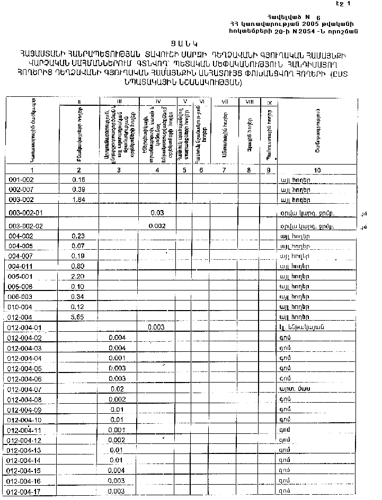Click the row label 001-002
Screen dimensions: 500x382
coord(21,180)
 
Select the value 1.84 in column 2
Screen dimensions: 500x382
coord(78,199)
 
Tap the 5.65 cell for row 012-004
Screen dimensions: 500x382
coord(78,317)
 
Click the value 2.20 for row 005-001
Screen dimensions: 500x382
coord(78,276)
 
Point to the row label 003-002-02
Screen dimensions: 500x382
coord(26,226)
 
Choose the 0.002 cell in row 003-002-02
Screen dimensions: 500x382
coord(157,226)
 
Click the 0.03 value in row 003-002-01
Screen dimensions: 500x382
coord(157,213)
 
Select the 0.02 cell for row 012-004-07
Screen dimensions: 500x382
coord(118,389)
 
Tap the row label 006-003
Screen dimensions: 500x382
coord(21,297)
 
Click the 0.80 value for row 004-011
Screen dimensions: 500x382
coord(78,266)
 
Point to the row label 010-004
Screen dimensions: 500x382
coord(21,307)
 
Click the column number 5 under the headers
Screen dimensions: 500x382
coord(184,170)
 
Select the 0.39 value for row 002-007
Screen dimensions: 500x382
coord(78,189)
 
